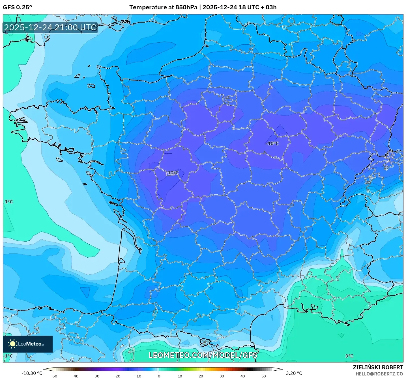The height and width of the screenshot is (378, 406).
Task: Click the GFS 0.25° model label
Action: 17,7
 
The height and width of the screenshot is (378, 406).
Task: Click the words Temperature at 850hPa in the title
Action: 163,7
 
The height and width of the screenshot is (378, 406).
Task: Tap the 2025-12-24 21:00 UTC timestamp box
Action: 50,27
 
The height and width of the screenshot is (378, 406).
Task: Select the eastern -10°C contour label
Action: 272,144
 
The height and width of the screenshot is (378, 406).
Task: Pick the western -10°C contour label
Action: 172,173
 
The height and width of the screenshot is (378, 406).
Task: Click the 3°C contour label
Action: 349,356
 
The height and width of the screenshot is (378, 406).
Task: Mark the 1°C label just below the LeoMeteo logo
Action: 9,356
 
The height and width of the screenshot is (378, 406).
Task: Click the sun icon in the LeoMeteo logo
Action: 12,344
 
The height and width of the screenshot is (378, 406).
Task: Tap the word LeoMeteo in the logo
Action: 30,344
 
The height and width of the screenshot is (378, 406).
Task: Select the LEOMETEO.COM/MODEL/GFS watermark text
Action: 203,355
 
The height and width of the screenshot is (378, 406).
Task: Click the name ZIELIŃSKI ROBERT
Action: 378,367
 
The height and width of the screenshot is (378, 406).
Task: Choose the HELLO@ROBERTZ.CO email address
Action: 379,374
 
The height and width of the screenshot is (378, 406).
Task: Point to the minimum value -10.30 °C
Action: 32,373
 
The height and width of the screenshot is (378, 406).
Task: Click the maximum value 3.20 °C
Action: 294,373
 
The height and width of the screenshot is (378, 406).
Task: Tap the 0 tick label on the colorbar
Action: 159,376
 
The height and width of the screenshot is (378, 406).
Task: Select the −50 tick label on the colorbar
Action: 53,376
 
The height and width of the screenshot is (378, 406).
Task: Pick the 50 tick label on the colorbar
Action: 264,376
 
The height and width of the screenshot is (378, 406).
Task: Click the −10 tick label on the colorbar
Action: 138,376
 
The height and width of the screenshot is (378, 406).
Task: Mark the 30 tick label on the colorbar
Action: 222,376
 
